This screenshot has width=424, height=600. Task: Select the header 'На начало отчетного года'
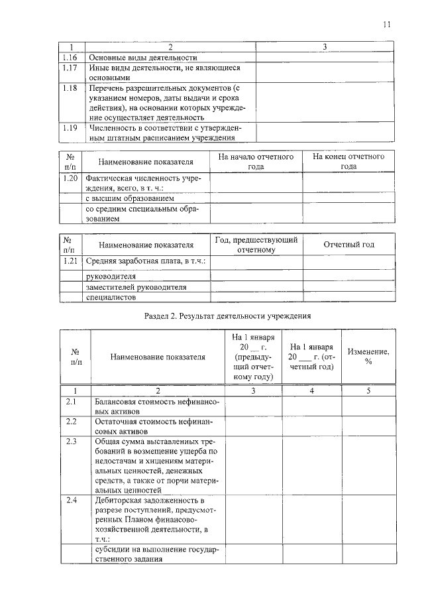(256, 162)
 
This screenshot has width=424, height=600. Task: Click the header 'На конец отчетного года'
(348, 162)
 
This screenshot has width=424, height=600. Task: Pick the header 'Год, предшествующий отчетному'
(256, 245)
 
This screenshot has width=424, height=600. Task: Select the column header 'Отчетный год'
(348, 245)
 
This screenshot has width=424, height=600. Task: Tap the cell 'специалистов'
(110, 298)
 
